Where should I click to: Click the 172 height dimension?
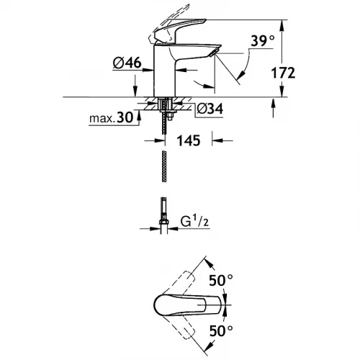click(283, 73)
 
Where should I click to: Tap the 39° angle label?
click(262, 40)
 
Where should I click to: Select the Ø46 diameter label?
click(127, 63)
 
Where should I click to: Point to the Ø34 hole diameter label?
click(210, 109)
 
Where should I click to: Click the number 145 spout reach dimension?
click(189, 140)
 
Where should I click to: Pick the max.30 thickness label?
click(111, 118)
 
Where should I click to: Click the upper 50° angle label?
click(221, 280)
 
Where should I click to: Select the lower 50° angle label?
click(221, 330)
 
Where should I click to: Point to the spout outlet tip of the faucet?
click(214, 53)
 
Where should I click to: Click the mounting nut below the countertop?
click(171, 117)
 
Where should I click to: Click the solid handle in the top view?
click(187, 305)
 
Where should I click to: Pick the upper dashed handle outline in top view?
click(182, 282)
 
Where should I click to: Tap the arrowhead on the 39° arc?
click(241, 73)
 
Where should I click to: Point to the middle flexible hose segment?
click(164, 166)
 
